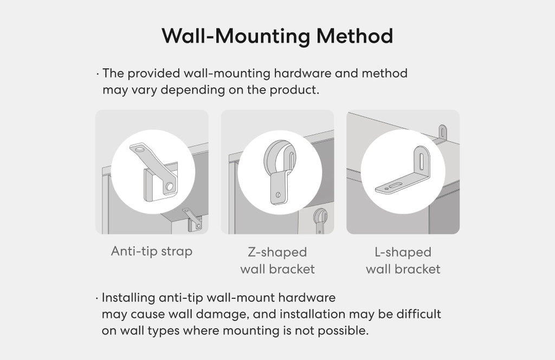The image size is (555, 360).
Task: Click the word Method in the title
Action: pyautogui.click(x=354, y=36)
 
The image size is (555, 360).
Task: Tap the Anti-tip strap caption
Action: pyautogui.click(x=152, y=252)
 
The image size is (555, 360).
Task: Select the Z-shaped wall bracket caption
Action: pyautogui.click(x=277, y=261)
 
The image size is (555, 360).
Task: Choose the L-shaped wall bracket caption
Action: pyautogui.click(x=403, y=261)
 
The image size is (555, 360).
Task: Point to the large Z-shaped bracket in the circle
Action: pyautogui.click(x=280, y=172)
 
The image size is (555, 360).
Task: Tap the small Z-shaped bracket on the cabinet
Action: pyautogui.click(x=320, y=220)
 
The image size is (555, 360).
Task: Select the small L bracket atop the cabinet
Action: pyautogui.click(x=442, y=132)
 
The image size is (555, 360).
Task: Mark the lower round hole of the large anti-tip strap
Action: pyautogui.click(x=169, y=186)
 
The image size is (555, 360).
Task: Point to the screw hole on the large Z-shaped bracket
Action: pyautogui.click(x=278, y=195)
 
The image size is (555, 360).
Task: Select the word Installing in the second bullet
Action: pyautogui.click(x=128, y=298)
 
